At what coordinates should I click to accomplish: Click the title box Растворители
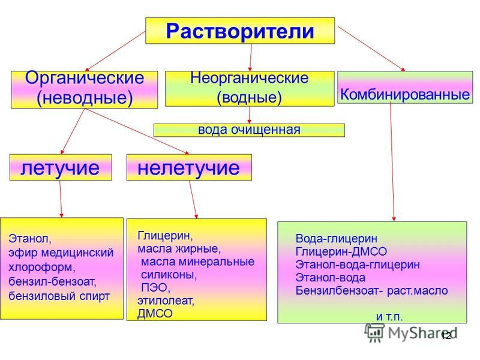(x=240, y=31)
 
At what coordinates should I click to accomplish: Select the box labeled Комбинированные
(x=405, y=87)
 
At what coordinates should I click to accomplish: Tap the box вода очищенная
(x=249, y=130)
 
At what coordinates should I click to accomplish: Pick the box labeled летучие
(x=61, y=167)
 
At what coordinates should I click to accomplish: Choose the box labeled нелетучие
(x=189, y=167)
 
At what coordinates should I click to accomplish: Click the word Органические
(x=85, y=78)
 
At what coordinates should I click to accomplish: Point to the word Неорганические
(x=249, y=78)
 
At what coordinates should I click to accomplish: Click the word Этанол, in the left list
(x=30, y=238)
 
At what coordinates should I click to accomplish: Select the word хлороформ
(x=42, y=267)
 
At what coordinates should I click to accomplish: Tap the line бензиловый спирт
(x=59, y=296)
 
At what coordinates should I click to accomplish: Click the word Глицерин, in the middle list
(x=166, y=236)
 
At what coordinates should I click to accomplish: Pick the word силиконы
(x=169, y=275)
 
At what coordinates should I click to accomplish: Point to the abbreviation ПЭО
(x=154, y=287)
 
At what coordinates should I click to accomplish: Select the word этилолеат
(x=166, y=301)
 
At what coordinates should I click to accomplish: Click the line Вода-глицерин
(x=337, y=238)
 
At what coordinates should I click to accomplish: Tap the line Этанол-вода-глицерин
(x=358, y=265)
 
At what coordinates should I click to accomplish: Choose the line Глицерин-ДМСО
(x=341, y=251)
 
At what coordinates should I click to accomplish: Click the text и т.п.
(x=389, y=317)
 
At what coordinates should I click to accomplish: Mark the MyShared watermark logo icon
(x=374, y=332)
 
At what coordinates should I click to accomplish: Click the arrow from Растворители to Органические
(x=115, y=51)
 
